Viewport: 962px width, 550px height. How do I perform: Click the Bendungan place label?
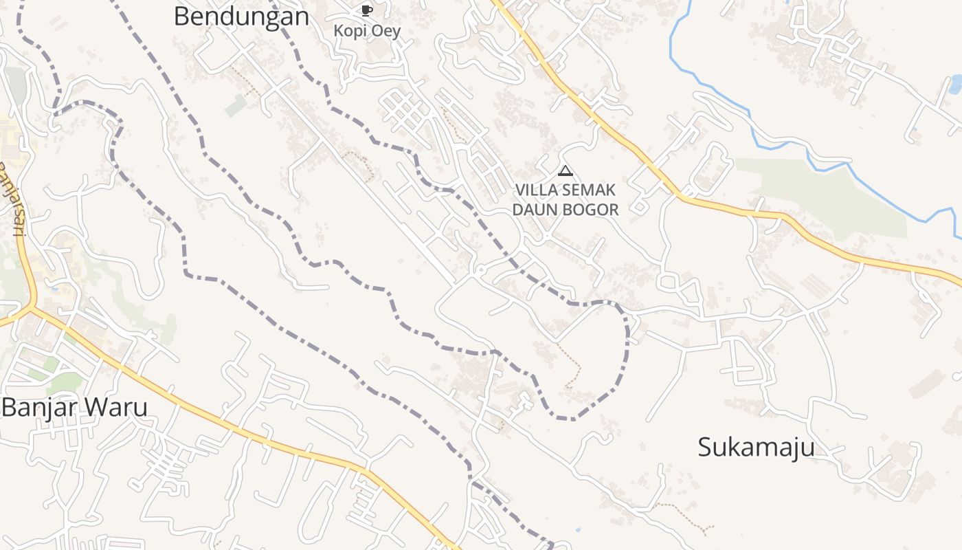click(x=241, y=16)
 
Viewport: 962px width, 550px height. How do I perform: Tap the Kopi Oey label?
click(x=367, y=31)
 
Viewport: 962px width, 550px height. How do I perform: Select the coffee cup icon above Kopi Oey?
click(x=366, y=10)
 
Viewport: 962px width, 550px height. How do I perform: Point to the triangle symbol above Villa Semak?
click(x=566, y=170)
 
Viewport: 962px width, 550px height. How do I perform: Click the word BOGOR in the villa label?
click(x=591, y=210)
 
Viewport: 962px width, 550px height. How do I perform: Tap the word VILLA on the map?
click(x=537, y=190)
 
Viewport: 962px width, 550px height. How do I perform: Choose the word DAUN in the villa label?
click(x=536, y=210)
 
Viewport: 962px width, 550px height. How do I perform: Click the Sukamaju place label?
click(x=757, y=447)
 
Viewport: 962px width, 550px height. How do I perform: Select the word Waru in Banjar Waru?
click(x=117, y=408)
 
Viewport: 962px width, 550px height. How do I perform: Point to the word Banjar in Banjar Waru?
click(x=40, y=408)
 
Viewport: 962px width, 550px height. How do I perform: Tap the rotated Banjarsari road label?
click(x=12, y=199)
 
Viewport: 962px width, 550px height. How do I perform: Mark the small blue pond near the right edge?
click(x=955, y=84)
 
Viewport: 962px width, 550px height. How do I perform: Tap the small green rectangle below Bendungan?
click(x=236, y=105)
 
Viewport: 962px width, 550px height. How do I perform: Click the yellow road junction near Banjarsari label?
click(x=32, y=307)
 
